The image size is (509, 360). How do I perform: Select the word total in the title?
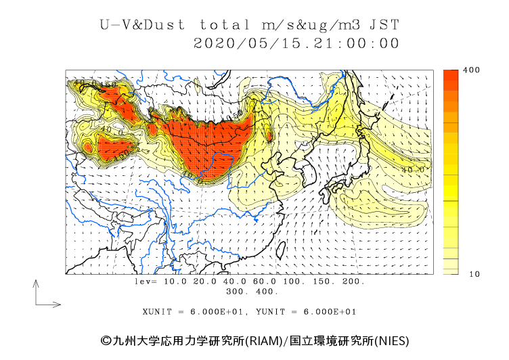click(x=225, y=26)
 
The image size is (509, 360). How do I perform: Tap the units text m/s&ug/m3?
click(x=312, y=26)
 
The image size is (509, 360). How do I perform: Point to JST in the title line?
click(x=384, y=26)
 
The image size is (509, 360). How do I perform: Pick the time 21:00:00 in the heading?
click(x=351, y=43)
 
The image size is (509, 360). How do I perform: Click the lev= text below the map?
click(x=146, y=281)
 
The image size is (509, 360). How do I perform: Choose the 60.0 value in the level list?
click(x=265, y=281)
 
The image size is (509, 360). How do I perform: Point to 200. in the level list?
click(x=353, y=281)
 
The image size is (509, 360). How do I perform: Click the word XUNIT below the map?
click(x=157, y=312)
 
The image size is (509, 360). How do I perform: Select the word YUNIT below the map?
click(x=269, y=312)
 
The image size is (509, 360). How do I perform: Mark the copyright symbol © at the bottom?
click(x=105, y=340)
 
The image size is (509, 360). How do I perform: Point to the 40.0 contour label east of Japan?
click(x=412, y=170)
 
